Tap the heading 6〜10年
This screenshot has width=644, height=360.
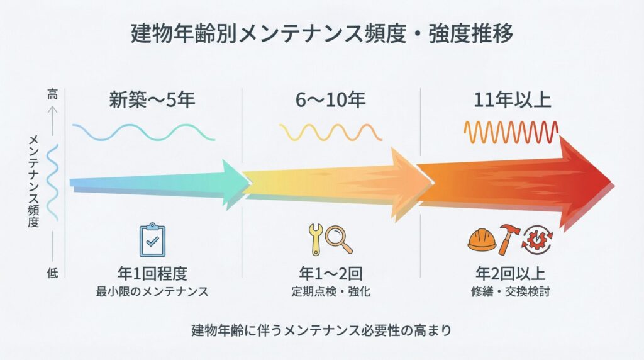pyautogui.click(x=330, y=100)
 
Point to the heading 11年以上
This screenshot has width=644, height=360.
pyautogui.click(x=510, y=100)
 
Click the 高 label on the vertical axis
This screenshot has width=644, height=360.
pyautogui.click(x=52, y=94)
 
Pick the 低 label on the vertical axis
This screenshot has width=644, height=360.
pyautogui.click(x=52, y=272)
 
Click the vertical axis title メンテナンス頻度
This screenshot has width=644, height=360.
pyautogui.click(x=34, y=182)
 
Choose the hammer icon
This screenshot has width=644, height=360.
pyautogui.click(x=508, y=239)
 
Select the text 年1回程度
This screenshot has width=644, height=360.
pyautogui.click(x=152, y=274)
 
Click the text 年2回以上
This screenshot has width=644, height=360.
pyautogui.click(x=509, y=274)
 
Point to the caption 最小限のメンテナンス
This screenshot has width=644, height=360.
pyautogui.click(x=152, y=292)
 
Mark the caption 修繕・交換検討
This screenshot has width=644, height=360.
pyautogui.click(x=509, y=292)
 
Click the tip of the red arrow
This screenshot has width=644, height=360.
pyautogui.click(x=610, y=183)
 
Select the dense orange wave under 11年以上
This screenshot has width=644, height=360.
pyautogui.click(x=511, y=132)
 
